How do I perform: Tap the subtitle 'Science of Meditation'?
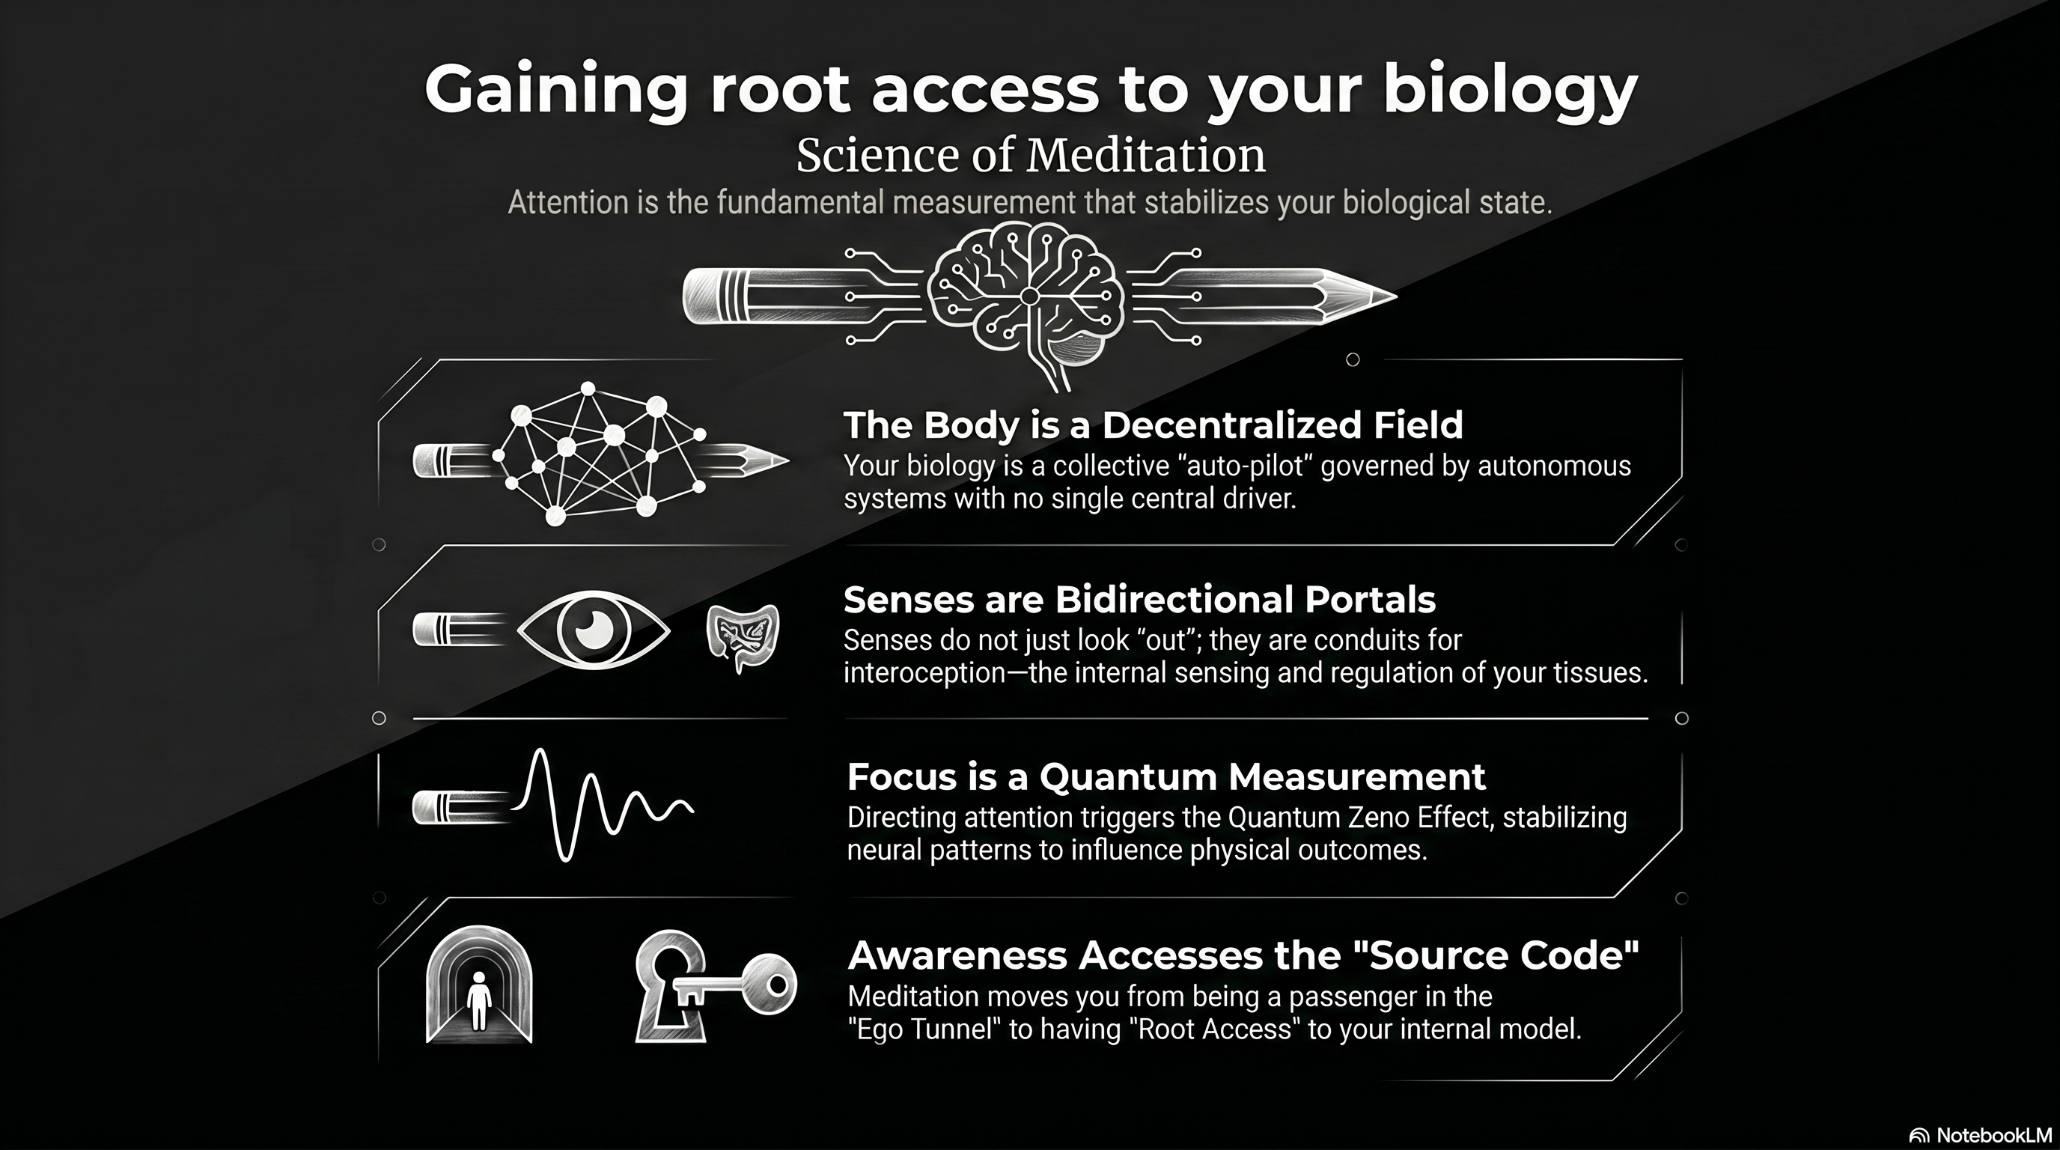[1030, 155]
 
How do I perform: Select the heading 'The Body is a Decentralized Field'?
[1152, 425]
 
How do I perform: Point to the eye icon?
[594, 630]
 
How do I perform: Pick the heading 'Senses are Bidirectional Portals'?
[1139, 600]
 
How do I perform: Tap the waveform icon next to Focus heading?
[600, 803]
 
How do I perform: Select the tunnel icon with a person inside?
[479, 985]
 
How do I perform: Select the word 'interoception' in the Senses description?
[924, 673]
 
